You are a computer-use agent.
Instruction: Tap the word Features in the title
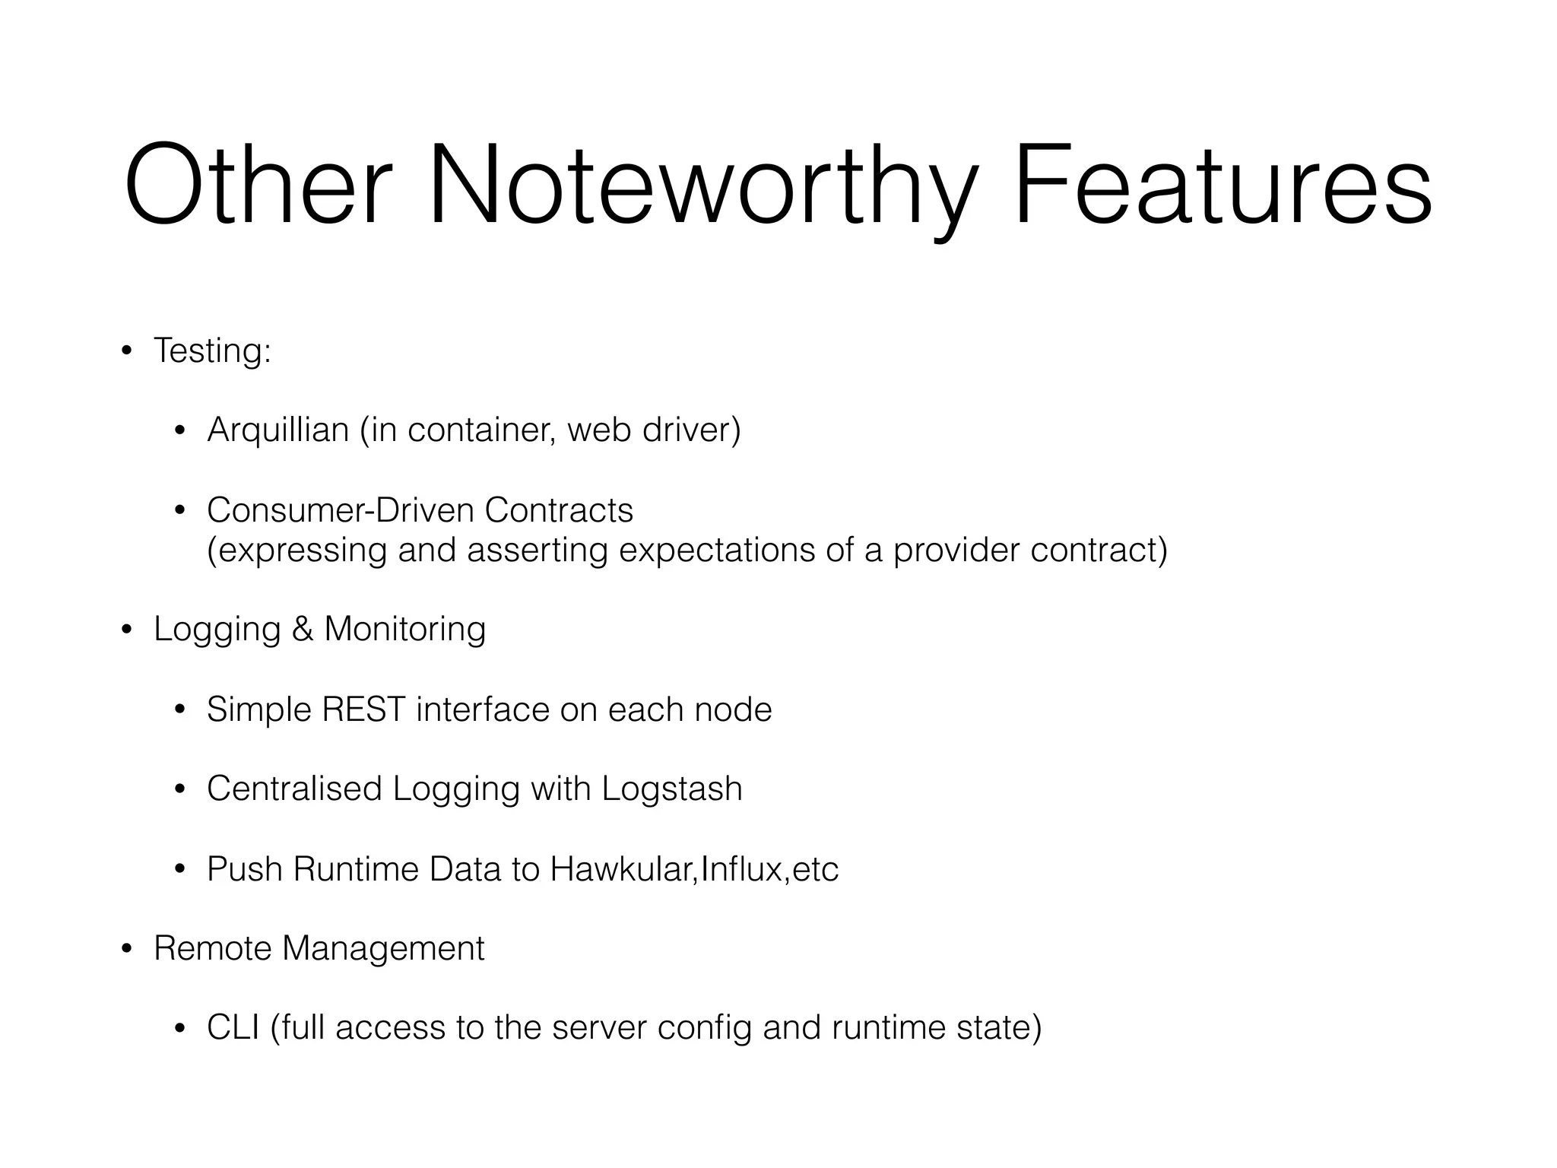tap(1222, 186)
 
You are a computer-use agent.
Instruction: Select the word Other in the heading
tap(258, 186)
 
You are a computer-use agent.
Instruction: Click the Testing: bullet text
tap(212, 351)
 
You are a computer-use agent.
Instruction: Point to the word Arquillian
tap(277, 430)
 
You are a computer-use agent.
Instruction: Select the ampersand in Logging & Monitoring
tap(302, 630)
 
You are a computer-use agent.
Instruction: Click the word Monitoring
tap(404, 630)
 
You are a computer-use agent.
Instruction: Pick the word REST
tap(363, 709)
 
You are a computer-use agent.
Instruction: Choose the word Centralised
tap(294, 789)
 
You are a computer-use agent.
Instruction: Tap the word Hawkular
tap(622, 869)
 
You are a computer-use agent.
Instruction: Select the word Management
tap(383, 948)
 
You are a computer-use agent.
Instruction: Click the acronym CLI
tap(233, 1028)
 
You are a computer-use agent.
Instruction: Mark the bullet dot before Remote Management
tap(126, 949)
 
